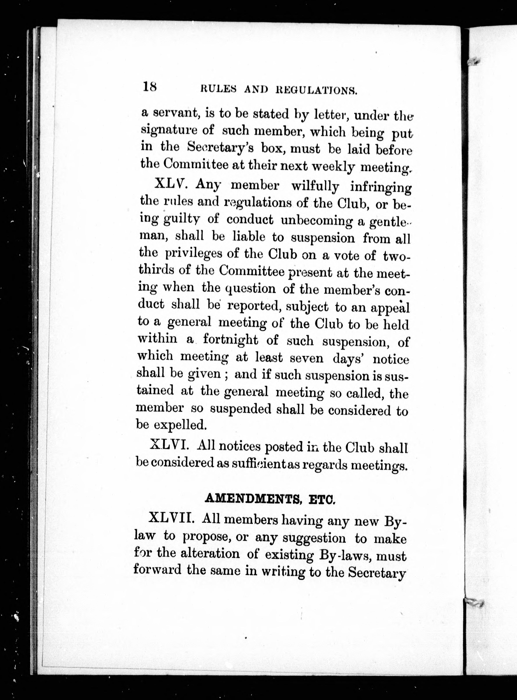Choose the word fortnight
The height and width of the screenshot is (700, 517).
coord(230,340)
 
